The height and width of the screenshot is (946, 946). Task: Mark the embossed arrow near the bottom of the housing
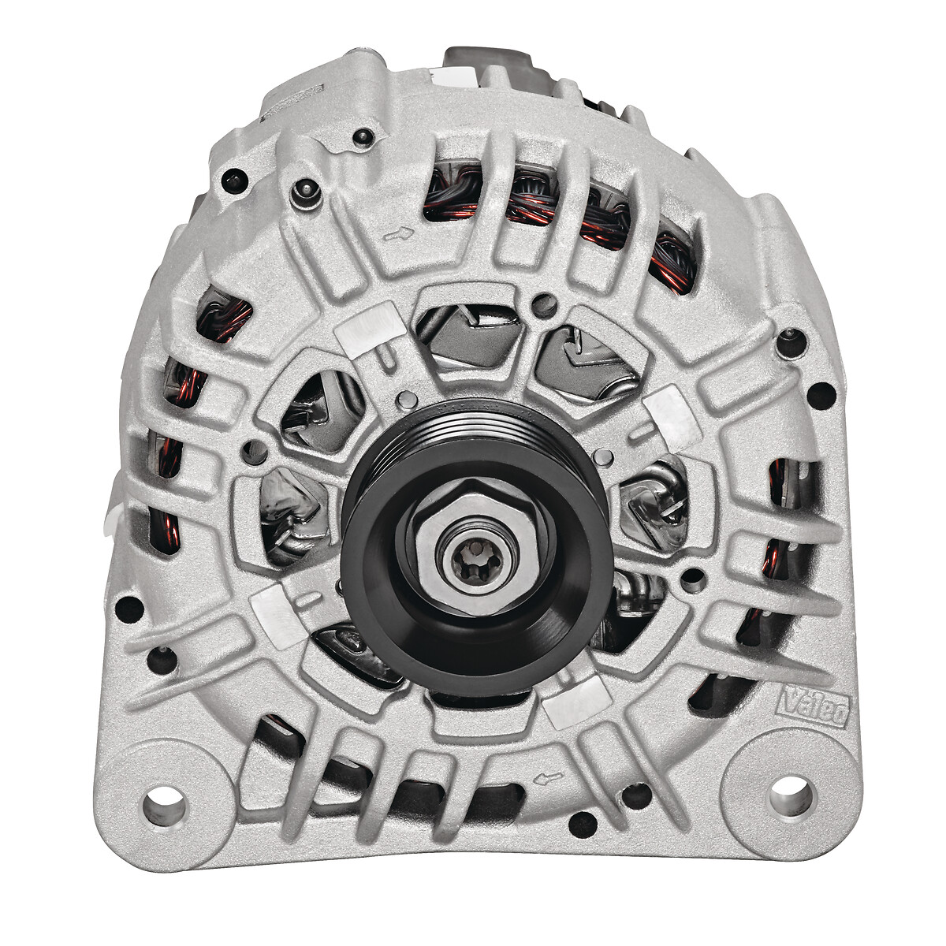point(549,777)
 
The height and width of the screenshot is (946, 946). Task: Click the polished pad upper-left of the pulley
point(371,328)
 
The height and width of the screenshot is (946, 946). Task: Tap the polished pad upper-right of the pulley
point(672,417)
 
